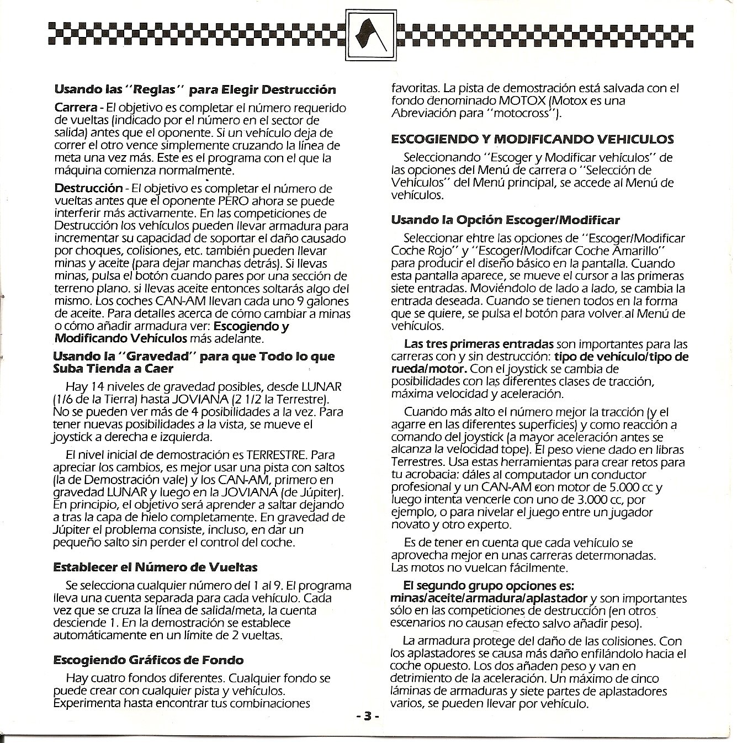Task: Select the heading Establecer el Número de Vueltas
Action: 155,567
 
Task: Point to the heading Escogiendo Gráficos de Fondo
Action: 148,660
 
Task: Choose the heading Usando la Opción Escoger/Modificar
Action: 505,220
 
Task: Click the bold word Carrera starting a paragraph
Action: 76,107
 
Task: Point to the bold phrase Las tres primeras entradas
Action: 479,343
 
